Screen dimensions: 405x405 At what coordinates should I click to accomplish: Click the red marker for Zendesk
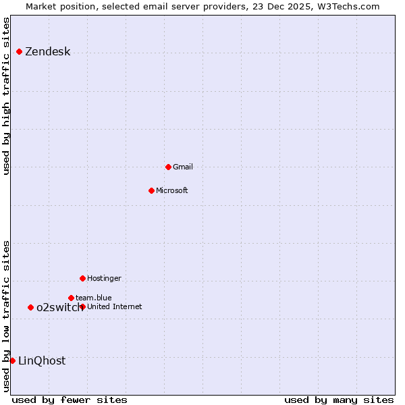coord(19,52)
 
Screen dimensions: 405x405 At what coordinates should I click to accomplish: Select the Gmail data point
coord(168,167)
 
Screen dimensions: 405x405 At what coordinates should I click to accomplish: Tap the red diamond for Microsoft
coord(151,190)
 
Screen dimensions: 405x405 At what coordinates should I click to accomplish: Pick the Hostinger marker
coord(82,278)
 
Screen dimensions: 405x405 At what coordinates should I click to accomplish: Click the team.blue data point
coord(71,298)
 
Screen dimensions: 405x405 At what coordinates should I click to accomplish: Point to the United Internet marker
coord(82,306)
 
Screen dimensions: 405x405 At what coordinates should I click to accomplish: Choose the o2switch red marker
coord(30,307)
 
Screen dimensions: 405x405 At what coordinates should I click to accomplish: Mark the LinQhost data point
coord(12,360)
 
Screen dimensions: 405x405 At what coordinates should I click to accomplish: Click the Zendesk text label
coord(47,52)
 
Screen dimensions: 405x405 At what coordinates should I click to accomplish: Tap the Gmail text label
coord(183,167)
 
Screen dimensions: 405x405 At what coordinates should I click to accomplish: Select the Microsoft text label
coord(172,190)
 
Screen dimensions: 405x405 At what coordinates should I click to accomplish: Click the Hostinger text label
coord(104,278)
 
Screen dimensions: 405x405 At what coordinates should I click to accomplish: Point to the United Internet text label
coord(115,306)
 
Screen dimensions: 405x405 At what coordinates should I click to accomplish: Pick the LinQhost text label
coord(42,360)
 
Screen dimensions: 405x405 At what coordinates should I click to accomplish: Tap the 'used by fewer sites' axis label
coord(70,400)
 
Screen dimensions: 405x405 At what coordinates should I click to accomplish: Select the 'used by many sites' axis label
coord(339,400)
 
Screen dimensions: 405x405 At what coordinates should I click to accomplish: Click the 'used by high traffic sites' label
coord(6,96)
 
